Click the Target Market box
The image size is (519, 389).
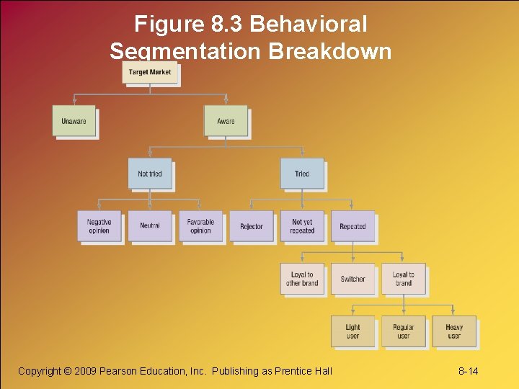point(150,73)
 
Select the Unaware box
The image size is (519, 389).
point(74,121)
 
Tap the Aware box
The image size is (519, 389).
point(226,121)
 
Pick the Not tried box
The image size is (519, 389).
point(150,174)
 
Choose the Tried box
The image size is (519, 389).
point(302,174)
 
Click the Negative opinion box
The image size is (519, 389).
point(99,226)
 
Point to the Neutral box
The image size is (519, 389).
point(150,226)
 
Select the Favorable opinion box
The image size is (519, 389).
point(200,226)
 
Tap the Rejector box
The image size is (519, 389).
point(252,226)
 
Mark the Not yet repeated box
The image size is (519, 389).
point(302,226)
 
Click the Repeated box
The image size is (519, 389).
point(352,226)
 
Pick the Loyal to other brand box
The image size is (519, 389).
point(302,279)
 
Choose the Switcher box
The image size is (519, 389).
point(352,279)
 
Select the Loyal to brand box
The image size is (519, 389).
point(404,279)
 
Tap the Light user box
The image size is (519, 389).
point(352,331)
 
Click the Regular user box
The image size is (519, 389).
point(404,331)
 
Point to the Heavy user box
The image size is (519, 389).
point(454,331)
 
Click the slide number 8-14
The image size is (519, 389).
point(469,371)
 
